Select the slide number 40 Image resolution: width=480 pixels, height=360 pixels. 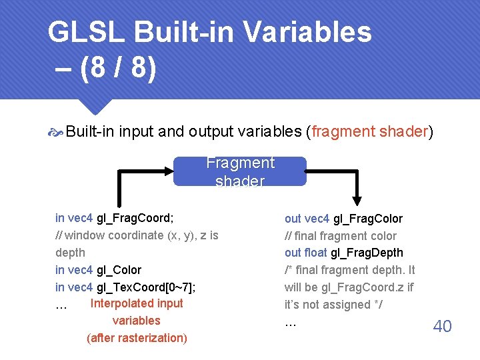point(442,326)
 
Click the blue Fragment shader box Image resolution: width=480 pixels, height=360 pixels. point(240,171)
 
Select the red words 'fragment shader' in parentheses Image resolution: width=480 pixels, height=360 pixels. point(369,131)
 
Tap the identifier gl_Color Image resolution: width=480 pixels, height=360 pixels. point(119,270)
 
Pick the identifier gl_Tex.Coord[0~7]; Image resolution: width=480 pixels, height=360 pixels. point(146,287)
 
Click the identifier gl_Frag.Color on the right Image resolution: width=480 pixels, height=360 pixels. point(367,219)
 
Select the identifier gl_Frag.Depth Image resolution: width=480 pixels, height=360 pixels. point(367,253)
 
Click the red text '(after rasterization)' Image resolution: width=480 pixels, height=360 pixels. point(137,338)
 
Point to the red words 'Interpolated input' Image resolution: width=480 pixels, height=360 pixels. point(137,304)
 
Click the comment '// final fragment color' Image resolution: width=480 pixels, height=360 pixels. point(340,236)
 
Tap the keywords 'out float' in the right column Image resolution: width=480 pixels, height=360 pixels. point(306,253)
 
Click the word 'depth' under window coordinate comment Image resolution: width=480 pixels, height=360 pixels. point(70,253)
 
